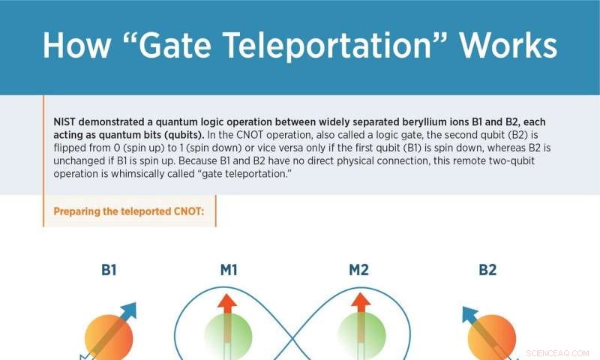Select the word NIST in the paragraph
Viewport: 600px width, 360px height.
pyautogui.click(x=66, y=123)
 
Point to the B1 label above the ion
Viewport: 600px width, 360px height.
pyautogui.click(x=109, y=270)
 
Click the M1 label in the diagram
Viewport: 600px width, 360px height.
pyautogui.click(x=229, y=270)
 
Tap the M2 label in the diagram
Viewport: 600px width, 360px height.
pyautogui.click(x=358, y=270)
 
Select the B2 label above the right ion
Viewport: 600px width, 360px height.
pyautogui.click(x=487, y=270)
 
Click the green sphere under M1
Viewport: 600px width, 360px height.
pyautogui.click(x=228, y=337)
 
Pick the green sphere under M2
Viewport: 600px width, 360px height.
pyautogui.click(x=360, y=337)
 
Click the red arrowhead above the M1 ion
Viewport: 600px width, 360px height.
pyautogui.click(x=228, y=301)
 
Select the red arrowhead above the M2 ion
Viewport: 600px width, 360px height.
pyautogui.click(x=360, y=301)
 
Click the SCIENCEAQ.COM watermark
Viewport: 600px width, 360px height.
pyautogui.click(x=558, y=352)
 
